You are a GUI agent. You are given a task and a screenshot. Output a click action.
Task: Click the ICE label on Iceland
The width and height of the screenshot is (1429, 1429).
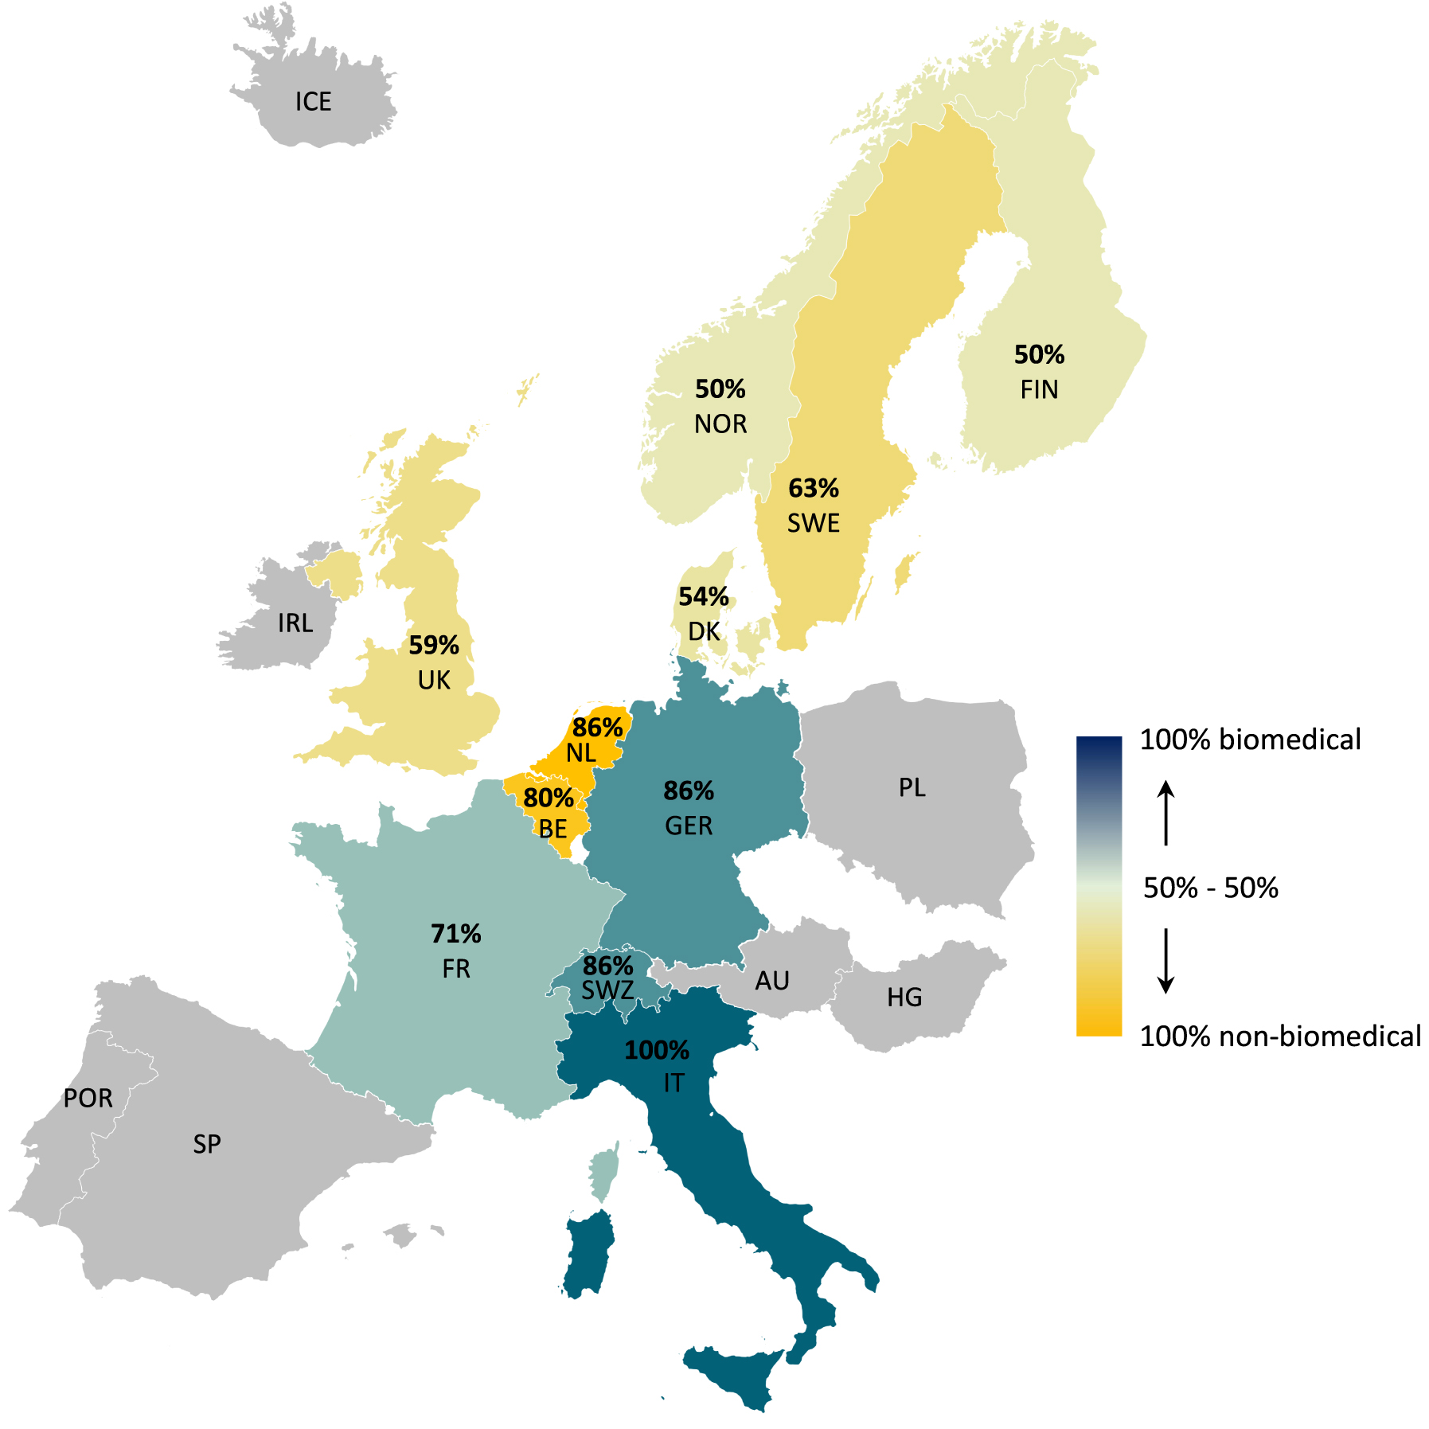coord(313,102)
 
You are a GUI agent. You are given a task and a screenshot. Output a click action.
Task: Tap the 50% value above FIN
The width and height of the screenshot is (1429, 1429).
coord(1039,354)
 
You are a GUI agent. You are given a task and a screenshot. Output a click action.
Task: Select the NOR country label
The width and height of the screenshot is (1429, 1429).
coord(720,424)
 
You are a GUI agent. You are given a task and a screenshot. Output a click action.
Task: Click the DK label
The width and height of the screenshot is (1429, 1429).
coord(704,631)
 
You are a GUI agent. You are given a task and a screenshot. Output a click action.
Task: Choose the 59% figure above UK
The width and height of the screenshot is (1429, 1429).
coord(434,645)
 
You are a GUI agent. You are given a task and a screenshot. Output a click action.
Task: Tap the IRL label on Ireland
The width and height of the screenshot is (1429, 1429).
coord(295,623)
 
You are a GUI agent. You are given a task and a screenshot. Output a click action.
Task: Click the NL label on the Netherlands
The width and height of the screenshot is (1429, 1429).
coord(581,752)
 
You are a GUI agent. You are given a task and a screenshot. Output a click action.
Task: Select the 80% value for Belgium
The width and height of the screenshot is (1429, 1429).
coord(549,798)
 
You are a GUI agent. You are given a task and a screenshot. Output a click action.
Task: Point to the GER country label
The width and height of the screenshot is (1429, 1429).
coord(689,826)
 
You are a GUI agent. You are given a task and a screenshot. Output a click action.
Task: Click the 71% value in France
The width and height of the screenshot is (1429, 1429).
coord(456,933)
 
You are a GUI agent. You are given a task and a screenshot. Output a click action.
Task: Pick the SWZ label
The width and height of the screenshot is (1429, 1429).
coord(607,990)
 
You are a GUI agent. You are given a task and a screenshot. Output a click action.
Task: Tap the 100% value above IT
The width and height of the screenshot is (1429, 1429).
coord(657,1050)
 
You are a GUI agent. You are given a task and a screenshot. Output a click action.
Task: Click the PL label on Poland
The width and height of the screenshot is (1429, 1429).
coord(912,787)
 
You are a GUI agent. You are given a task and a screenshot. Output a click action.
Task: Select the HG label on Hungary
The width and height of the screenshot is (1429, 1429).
coord(904,997)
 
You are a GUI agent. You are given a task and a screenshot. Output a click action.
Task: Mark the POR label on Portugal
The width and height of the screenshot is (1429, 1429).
coord(88,1098)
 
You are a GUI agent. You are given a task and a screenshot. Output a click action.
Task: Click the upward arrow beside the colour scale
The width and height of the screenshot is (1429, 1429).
coord(1165,812)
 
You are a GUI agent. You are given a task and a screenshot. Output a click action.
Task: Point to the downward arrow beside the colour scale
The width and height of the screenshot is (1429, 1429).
coord(1165,960)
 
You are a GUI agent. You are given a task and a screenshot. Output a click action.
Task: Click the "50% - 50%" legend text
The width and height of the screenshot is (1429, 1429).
coord(1210,887)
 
